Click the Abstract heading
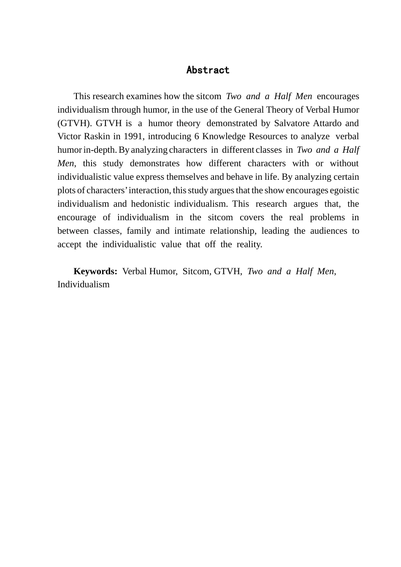pyautogui.click(x=208, y=70)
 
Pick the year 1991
pyautogui.click(x=133, y=136)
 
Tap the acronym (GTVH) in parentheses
pyautogui.click(x=74, y=123)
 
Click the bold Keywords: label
pyautogui.click(x=95, y=271)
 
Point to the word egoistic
pyautogui.click(x=344, y=190)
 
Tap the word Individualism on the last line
pyautogui.click(x=84, y=284)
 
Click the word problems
pyautogui.click(x=328, y=217)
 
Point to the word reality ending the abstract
pyautogui.click(x=249, y=244)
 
